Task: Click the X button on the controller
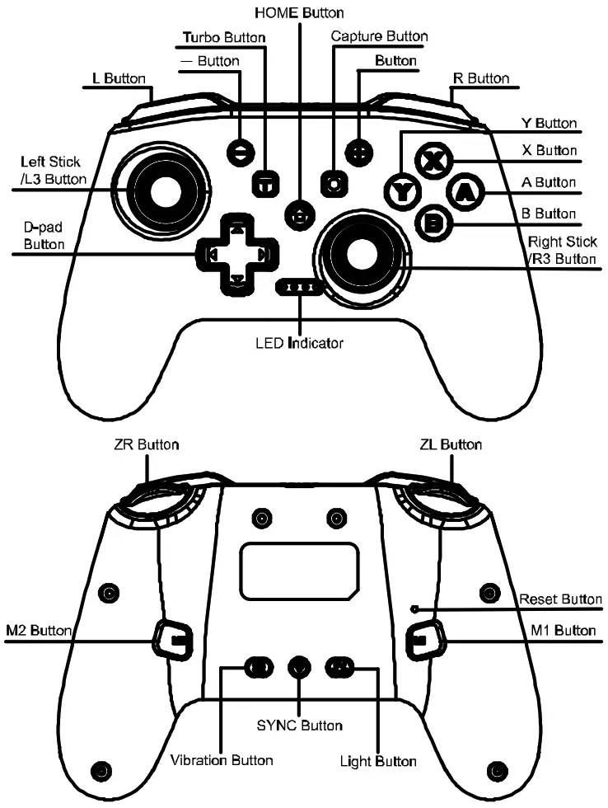click(x=429, y=159)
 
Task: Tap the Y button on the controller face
click(x=402, y=192)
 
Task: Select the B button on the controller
click(x=433, y=223)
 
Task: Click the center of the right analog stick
click(x=361, y=256)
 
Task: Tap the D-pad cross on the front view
click(x=236, y=255)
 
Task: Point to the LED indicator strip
click(x=301, y=288)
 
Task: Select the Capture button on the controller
click(x=334, y=183)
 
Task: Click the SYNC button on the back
click(x=300, y=665)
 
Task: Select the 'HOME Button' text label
click(x=300, y=12)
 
